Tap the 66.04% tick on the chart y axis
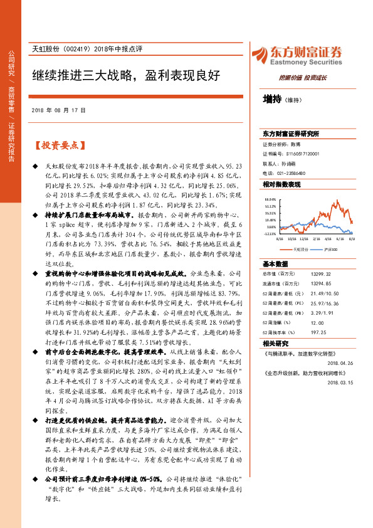[271, 199]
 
